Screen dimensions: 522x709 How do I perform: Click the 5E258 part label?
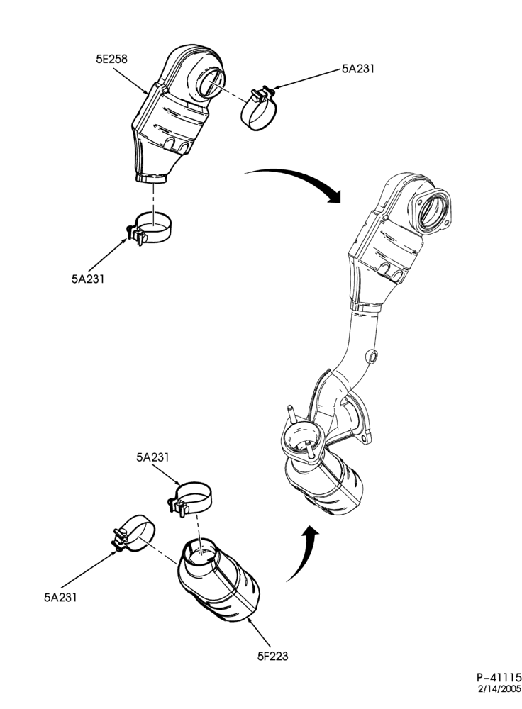click(111, 59)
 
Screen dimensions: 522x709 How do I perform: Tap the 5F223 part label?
click(272, 656)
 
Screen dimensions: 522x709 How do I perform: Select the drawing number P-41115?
click(498, 677)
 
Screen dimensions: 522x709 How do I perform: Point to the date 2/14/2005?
click(499, 689)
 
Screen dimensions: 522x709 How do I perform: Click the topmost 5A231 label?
click(357, 69)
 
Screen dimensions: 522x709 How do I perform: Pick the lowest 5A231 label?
click(60, 597)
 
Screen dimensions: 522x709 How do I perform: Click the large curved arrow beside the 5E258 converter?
click(295, 179)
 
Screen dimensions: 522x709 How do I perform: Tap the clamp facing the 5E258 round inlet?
click(258, 108)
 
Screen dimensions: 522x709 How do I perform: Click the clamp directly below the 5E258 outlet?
click(150, 228)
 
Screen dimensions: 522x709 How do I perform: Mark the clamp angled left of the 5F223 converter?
click(133, 534)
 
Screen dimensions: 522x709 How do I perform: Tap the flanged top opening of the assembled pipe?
click(432, 211)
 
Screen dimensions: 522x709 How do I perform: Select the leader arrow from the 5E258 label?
click(130, 81)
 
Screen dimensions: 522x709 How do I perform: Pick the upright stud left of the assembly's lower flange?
click(290, 414)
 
